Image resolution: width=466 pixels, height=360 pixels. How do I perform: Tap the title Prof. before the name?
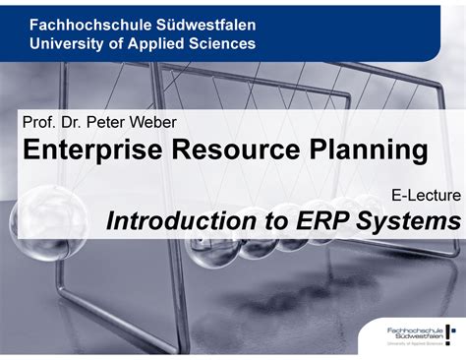click(x=37, y=123)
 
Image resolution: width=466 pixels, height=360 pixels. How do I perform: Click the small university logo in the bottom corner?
click(x=418, y=334)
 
